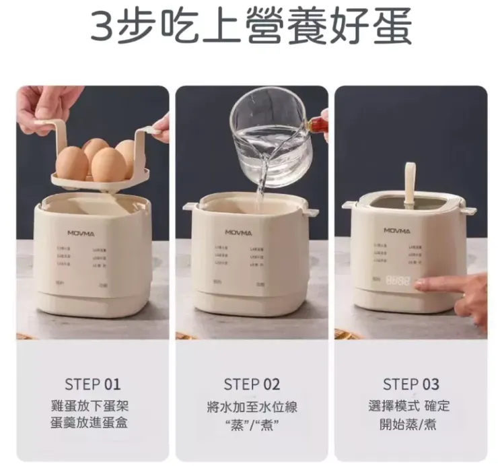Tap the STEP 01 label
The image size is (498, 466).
coord(93,385)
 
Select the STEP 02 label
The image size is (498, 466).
coord(252,385)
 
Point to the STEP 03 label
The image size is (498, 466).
coord(411,385)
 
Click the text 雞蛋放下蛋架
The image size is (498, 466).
coord(93,406)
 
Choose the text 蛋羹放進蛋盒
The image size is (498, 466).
coord(93,424)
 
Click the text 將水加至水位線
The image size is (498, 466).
coord(252,407)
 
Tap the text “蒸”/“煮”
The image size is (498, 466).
coord(252,424)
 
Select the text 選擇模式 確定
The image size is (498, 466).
coord(411,406)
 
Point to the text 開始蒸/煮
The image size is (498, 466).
coord(411,424)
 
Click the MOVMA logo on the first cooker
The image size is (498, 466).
coord(81,233)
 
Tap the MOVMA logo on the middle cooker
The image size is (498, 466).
coord(239,233)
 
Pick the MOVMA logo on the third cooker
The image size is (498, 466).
coord(398,230)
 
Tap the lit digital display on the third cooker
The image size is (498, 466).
coord(398,281)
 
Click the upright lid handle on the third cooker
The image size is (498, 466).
coord(409,184)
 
